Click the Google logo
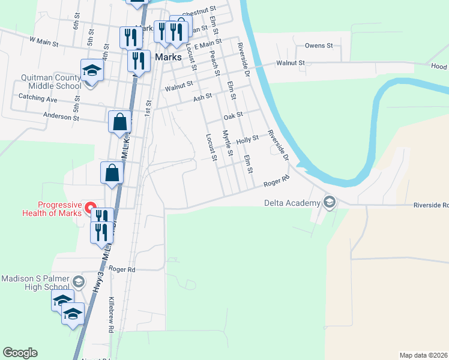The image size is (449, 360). pyautogui.click(x=20, y=353)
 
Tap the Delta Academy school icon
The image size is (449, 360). pyautogui.click(x=329, y=203)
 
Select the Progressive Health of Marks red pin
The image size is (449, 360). pyautogui.click(x=91, y=209)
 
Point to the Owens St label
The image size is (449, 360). pyautogui.click(x=319, y=46)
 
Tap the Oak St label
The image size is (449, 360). pyautogui.click(x=232, y=116)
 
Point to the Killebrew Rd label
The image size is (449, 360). pyautogui.click(x=111, y=314)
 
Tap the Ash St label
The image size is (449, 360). pyautogui.click(x=202, y=97)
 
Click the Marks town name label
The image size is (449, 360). pyautogui.click(x=168, y=58)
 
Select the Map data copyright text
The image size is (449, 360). pyautogui.click(x=424, y=355)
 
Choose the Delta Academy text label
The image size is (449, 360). pyautogui.click(x=292, y=203)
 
